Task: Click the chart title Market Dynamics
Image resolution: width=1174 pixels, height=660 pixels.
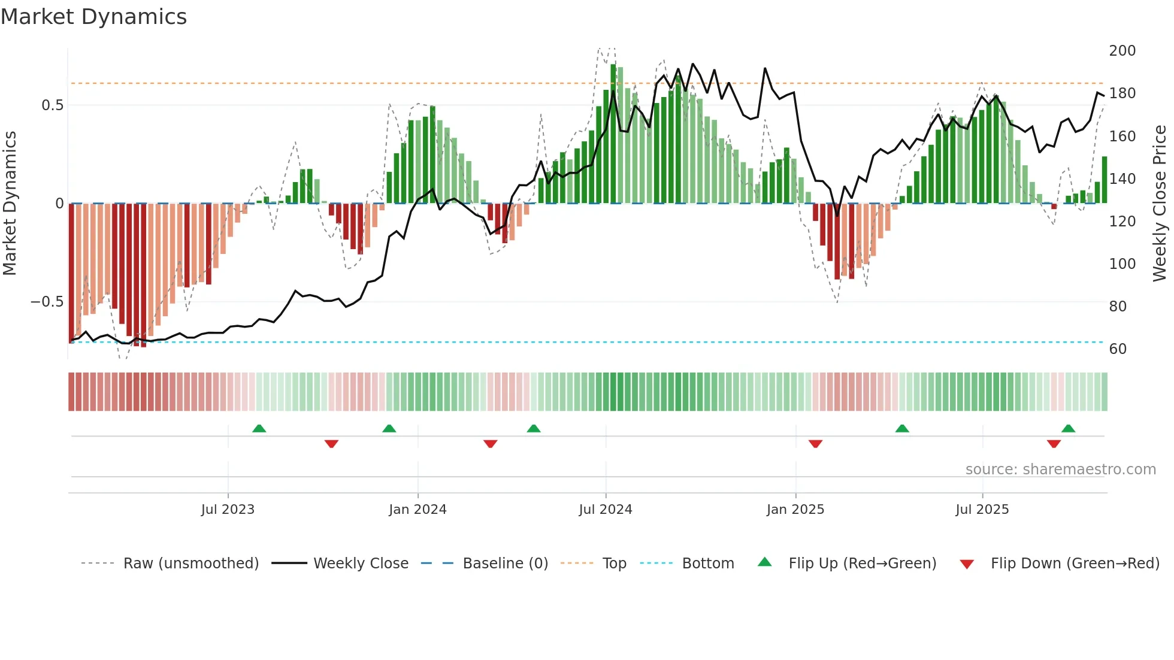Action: point(94,17)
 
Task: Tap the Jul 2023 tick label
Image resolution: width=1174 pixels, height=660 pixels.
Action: point(228,510)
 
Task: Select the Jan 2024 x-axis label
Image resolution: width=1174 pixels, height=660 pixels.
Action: point(417,510)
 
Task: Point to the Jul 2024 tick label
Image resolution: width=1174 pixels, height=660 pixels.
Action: point(606,510)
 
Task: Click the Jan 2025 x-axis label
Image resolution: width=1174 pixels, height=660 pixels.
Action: point(795,510)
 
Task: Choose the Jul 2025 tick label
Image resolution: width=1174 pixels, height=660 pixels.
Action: point(982,510)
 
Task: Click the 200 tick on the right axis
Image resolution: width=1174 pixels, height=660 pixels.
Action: point(1122,51)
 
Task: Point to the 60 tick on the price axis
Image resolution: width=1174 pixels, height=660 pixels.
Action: point(1118,349)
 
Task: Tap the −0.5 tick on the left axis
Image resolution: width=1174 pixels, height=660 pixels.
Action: point(47,302)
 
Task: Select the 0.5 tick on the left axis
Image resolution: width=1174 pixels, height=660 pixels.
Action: point(52,105)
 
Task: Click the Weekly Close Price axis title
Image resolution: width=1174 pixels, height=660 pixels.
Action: point(1160,204)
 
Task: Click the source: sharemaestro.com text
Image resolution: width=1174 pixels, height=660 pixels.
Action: point(1060,470)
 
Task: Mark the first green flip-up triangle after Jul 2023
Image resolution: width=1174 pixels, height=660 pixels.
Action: point(259,429)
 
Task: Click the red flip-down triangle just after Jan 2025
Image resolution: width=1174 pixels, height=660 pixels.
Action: point(815,444)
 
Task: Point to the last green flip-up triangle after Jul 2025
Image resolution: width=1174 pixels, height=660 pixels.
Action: point(1068,429)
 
